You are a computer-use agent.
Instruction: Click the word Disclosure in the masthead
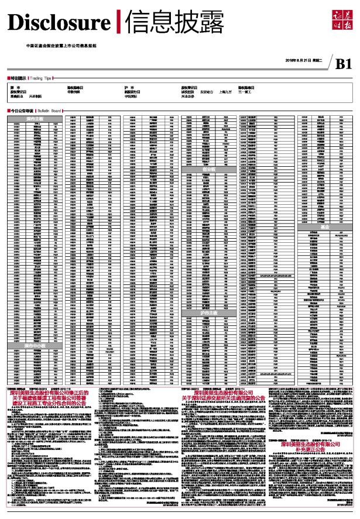tap(59, 23)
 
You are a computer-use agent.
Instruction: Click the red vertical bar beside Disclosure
tap(119, 23)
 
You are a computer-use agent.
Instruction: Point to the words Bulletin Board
tap(49, 111)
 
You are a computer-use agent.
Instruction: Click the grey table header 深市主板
tap(35, 119)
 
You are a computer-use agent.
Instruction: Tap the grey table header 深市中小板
tap(35, 346)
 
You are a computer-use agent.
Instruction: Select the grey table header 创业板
tap(209, 169)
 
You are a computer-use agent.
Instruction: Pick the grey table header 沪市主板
tap(209, 314)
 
